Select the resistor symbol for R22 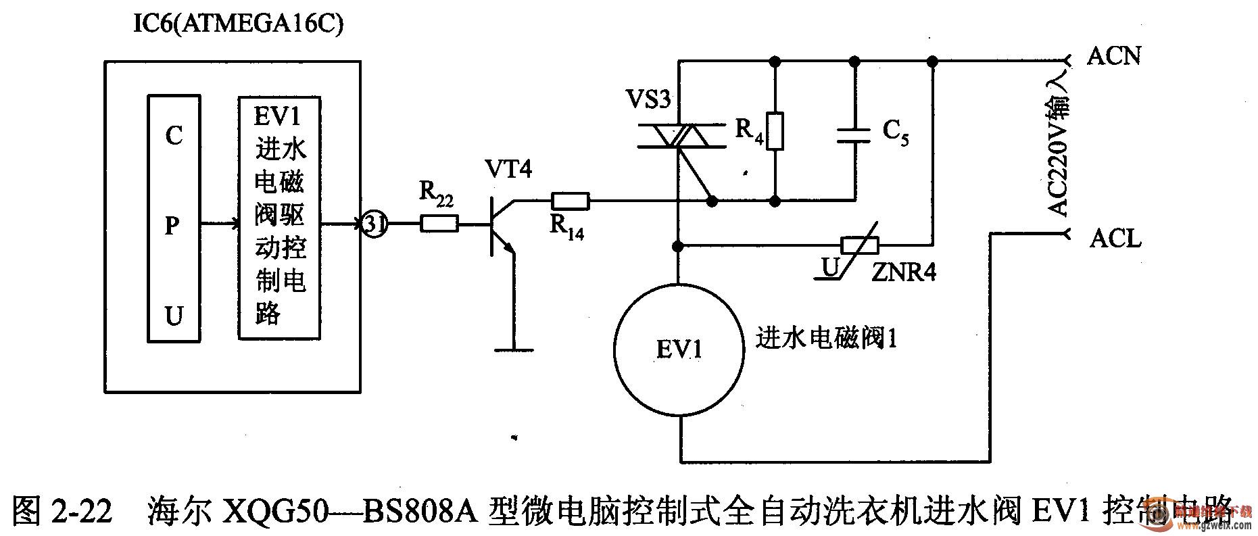click(x=439, y=224)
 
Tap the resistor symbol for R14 click(x=571, y=201)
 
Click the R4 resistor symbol click(x=775, y=130)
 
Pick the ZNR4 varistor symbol click(x=859, y=245)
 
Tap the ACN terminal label click(x=1114, y=55)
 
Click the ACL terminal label click(x=1115, y=238)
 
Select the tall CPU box click(x=174, y=220)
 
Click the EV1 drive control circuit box click(x=279, y=218)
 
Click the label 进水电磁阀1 click(x=826, y=337)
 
